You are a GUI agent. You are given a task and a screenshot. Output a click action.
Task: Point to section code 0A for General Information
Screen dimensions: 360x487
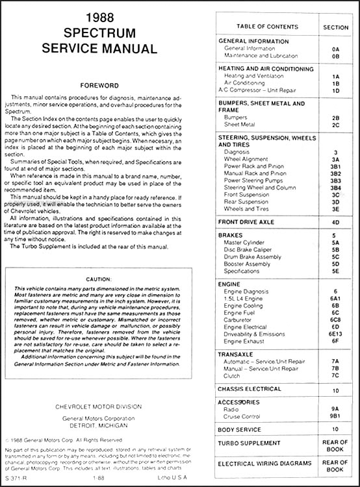335,49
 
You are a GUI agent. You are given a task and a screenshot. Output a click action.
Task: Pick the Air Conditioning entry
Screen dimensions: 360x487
246,83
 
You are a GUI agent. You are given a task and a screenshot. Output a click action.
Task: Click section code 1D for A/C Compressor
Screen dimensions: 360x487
335,91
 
